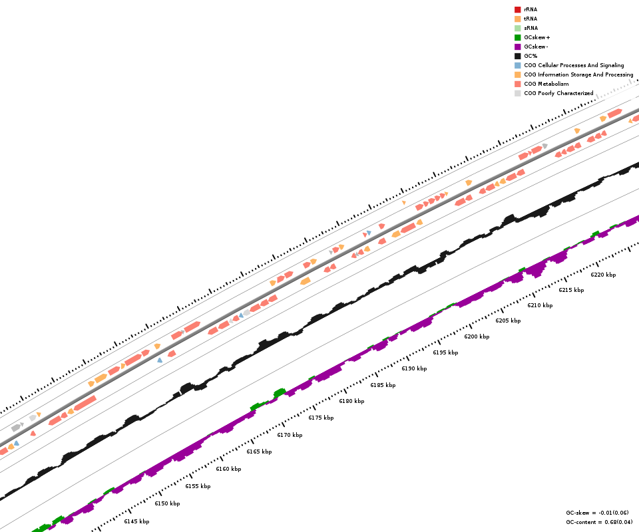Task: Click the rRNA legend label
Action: pyautogui.click(x=531, y=9)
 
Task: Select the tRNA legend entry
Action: pyautogui.click(x=531, y=19)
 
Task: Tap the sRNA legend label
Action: pyautogui.click(x=531, y=28)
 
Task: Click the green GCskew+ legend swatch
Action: pyautogui.click(x=517, y=37)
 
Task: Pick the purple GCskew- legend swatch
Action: pyautogui.click(x=517, y=47)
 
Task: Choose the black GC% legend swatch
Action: pyautogui.click(x=517, y=56)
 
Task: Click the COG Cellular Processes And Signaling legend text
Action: pyautogui.click(x=574, y=65)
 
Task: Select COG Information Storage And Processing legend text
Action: pyautogui.click(x=578, y=74)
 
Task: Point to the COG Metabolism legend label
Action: pyautogui.click(x=546, y=84)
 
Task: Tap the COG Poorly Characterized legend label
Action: pyautogui.click(x=558, y=93)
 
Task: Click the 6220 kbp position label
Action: pyautogui.click(x=603, y=275)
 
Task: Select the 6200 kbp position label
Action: pyautogui.click(x=477, y=336)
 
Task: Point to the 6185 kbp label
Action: pyautogui.click(x=383, y=385)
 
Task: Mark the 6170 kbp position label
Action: pyautogui.click(x=290, y=435)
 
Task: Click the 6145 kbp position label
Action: pyautogui.click(x=136, y=521)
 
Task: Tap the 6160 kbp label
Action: pyautogui.click(x=228, y=469)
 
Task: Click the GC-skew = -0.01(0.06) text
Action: pyautogui.click(x=597, y=513)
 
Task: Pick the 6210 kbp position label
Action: pyautogui.click(x=540, y=305)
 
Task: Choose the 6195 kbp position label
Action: pyautogui.click(x=445, y=352)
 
